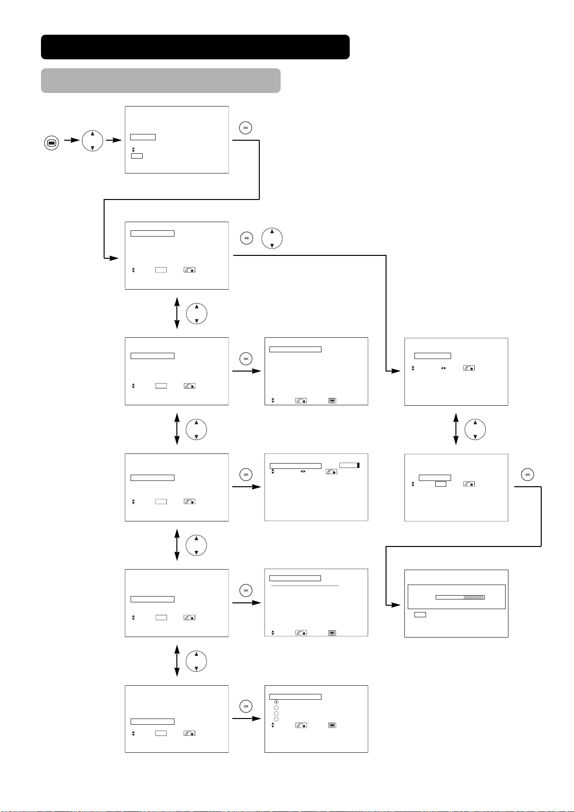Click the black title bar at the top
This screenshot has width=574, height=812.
(195, 47)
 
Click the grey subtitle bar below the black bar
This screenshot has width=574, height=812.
(160, 80)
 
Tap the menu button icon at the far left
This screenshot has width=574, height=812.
(52, 143)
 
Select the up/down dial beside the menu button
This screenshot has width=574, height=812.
(93, 141)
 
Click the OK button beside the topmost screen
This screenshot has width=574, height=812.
(245, 128)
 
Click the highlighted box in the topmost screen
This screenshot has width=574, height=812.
(143, 137)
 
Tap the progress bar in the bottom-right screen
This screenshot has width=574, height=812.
(460, 597)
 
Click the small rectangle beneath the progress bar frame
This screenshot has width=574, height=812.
(420, 614)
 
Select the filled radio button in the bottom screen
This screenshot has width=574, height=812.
(276, 702)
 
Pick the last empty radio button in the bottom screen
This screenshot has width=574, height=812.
(276, 719)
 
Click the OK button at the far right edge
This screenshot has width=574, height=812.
(527, 475)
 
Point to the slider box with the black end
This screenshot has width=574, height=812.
(349, 465)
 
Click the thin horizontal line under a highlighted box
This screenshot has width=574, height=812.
(305, 586)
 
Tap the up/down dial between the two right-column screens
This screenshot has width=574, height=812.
(475, 429)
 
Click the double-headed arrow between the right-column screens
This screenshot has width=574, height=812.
(456, 429)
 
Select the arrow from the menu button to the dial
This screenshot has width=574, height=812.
(72, 140)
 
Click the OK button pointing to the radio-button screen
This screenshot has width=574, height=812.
(246, 706)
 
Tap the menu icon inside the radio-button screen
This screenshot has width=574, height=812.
(332, 725)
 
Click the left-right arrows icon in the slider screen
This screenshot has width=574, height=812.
(303, 471)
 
